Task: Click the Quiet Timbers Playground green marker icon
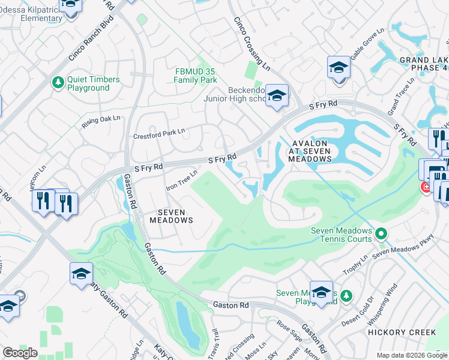(58, 83)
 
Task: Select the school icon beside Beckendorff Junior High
(277, 95)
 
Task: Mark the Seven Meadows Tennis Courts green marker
(380, 232)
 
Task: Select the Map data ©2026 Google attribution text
(411, 355)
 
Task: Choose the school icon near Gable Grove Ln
(339, 67)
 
